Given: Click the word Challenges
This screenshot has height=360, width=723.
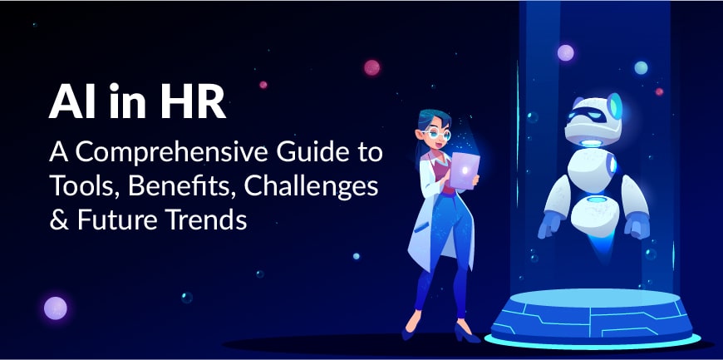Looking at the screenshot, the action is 312,188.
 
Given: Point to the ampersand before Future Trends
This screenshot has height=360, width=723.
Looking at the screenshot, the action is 58,220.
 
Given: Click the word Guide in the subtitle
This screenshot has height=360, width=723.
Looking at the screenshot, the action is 304,153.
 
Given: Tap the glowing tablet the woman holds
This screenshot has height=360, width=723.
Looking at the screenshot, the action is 465,170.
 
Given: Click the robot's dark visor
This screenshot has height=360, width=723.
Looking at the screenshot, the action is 586,116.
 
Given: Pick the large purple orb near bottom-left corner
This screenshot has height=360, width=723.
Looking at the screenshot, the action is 56,308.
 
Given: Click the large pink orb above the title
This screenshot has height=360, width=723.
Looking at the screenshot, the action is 371,67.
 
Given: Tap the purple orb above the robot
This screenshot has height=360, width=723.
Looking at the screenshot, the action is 566,52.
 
